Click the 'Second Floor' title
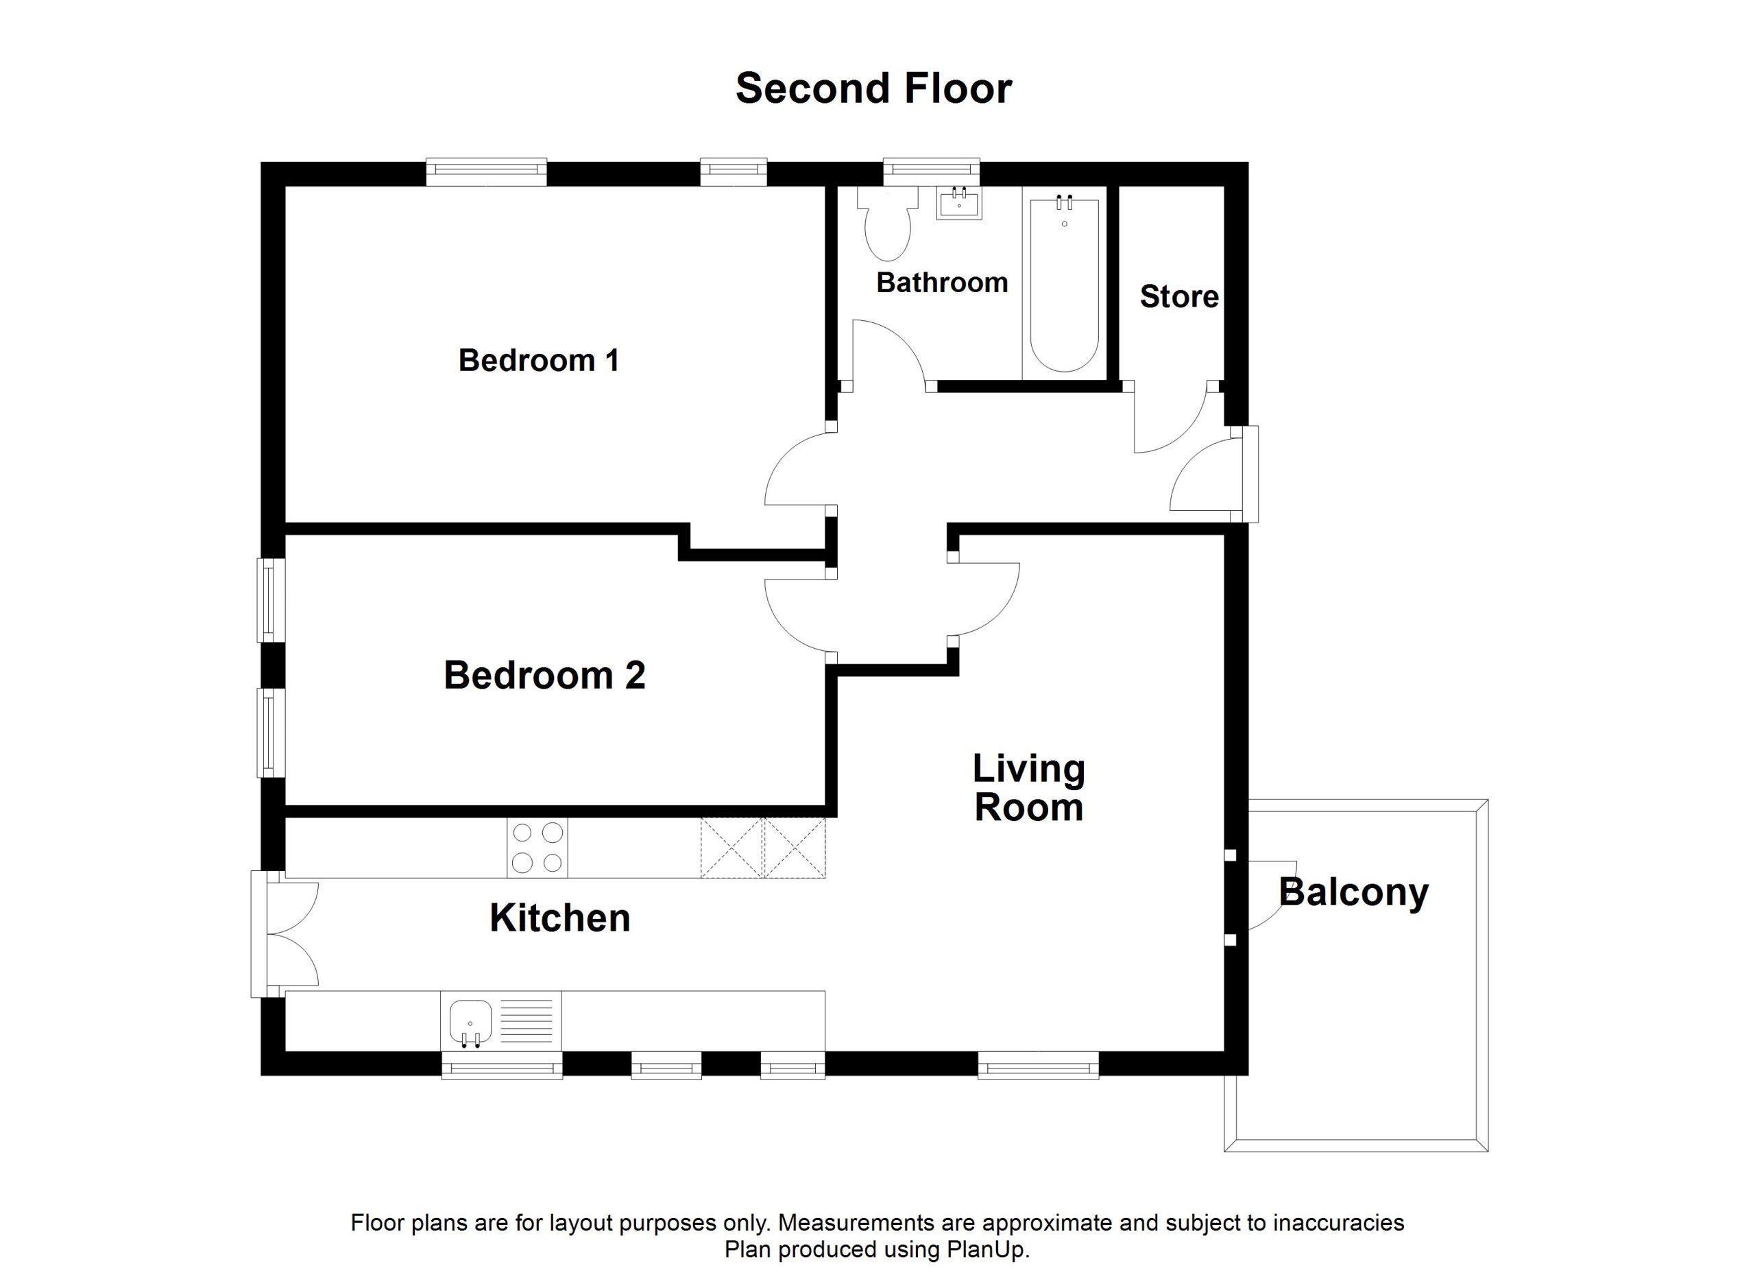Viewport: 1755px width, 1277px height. tap(873, 88)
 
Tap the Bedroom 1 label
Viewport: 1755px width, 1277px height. tap(539, 361)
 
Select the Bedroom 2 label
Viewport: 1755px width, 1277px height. tap(544, 675)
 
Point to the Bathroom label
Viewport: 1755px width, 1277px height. tap(942, 283)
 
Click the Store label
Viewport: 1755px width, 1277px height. tap(1178, 296)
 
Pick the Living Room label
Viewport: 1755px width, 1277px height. tap(1028, 788)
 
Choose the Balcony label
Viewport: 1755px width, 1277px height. tap(1353, 892)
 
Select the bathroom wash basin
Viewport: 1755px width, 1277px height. tap(959, 203)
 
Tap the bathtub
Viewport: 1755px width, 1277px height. tap(1064, 285)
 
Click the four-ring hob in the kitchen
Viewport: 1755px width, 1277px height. tap(537, 848)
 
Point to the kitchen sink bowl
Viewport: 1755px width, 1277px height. tap(470, 1023)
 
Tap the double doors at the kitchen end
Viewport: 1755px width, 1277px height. tap(293, 934)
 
